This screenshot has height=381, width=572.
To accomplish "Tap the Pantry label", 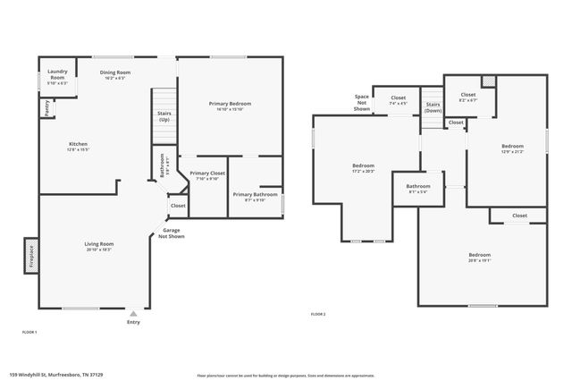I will (46, 108).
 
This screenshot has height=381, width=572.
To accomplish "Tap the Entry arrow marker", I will (134, 313).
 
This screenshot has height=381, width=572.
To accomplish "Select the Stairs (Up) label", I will (164, 116).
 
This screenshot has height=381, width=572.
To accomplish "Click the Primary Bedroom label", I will (230, 104).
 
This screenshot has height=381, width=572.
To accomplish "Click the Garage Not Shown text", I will (171, 233).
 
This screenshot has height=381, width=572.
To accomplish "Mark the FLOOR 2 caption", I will (318, 314).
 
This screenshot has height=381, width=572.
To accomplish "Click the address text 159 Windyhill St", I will (41, 375).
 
